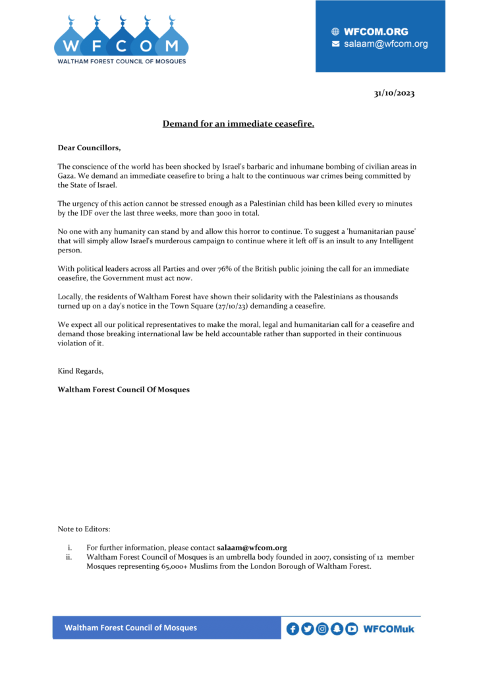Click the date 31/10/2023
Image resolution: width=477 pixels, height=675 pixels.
click(394, 93)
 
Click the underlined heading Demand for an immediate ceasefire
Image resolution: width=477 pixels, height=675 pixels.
click(238, 123)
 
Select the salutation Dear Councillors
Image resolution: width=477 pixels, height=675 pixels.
click(89, 148)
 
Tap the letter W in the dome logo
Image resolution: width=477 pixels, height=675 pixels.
click(70, 46)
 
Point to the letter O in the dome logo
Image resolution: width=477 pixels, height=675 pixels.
click(146, 46)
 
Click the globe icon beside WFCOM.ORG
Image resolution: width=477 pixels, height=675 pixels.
click(335, 32)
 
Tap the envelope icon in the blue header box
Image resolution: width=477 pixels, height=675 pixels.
click(335, 44)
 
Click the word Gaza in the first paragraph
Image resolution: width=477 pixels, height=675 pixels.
click(67, 176)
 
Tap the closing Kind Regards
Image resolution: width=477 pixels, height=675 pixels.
click(80, 371)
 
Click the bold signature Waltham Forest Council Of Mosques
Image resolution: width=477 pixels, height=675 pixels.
click(123, 390)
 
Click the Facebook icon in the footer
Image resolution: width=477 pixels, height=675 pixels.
click(293, 629)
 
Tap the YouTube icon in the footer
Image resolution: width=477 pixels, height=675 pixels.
click(352, 629)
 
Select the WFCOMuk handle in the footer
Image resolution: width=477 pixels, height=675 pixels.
click(389, 629)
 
